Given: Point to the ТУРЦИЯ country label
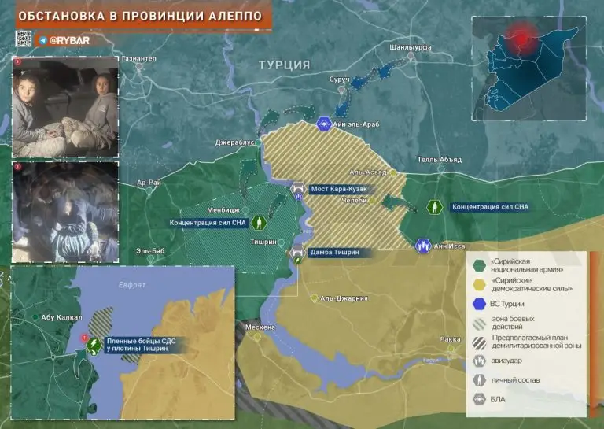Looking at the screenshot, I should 284,65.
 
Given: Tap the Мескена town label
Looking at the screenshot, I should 259,327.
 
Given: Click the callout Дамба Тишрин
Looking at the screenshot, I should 334,253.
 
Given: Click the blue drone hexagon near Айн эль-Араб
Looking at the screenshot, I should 324,124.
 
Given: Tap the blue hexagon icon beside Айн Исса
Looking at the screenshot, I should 423,246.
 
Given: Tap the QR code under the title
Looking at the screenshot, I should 23,39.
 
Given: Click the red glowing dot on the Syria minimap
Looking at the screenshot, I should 517,34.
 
